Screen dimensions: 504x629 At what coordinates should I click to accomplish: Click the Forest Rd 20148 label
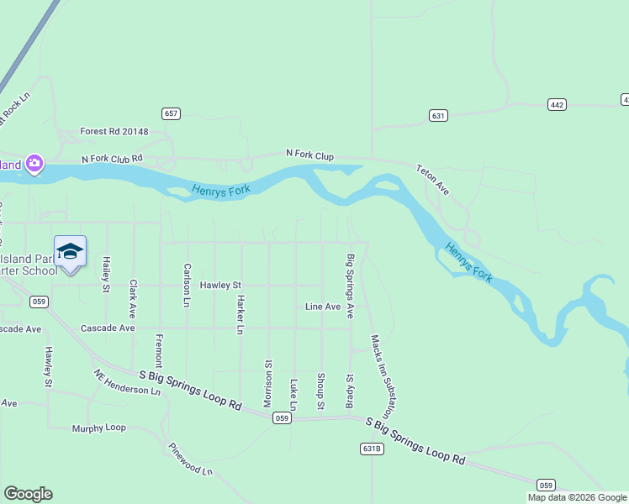point(114,132)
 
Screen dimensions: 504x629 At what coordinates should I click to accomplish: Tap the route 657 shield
point(172,113)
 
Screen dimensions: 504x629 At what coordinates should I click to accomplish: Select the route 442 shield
point(557,104)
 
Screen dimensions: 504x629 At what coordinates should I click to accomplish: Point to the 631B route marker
point(373,449)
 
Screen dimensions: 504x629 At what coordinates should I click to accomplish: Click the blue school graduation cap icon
point(70,251)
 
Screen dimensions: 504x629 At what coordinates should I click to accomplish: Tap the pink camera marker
point(34,163)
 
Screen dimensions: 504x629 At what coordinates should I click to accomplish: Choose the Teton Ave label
point(432,180)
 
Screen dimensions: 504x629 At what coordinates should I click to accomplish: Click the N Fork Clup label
point(309,155)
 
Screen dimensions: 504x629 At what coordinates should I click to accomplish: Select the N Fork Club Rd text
point(112,158)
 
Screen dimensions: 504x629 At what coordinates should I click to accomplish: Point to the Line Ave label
point(323,307)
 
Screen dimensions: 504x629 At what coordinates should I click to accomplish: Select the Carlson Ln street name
point(187,285)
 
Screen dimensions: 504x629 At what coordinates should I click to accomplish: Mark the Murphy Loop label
point(98,428)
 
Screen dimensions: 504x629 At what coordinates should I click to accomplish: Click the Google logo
point(28,494)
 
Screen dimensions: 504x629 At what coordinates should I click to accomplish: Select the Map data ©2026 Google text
point(576,497)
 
